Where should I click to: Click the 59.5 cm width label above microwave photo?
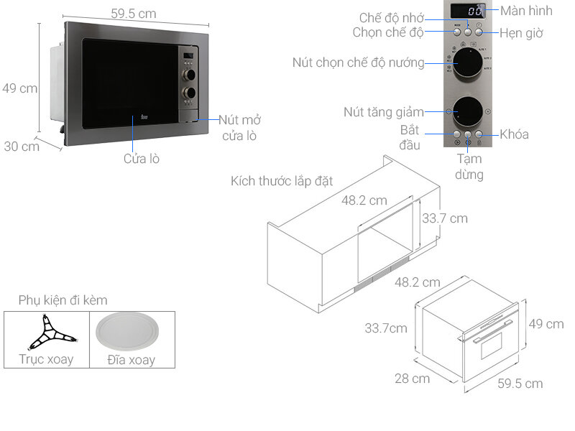(x=133, y=14)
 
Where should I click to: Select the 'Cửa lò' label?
(x=141, y=159)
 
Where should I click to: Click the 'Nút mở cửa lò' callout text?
(x=239, y=128)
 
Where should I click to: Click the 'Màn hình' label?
(x=526, y=10)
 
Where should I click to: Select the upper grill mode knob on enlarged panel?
(x=467, y=64)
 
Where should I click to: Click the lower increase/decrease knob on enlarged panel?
(x=467, y=111)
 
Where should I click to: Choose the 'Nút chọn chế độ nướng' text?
(x=358, y=62)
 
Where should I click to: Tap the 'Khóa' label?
(x=514, y=134)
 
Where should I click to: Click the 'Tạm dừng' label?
(x=469, y=166)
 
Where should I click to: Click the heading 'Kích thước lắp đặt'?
(x=282, y=180)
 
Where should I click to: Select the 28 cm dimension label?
(x=412, y=378)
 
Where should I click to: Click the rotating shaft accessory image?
(x=47, y=333)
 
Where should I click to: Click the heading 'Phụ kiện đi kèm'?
(x=63, y=300)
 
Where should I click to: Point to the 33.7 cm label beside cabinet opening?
(x=444, y=218)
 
